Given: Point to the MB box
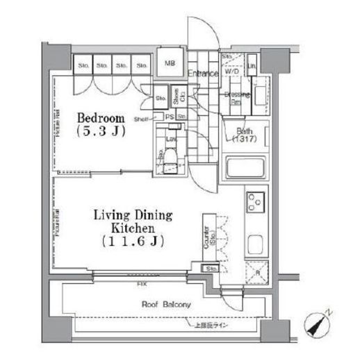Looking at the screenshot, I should [170, 65].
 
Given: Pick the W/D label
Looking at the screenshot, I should [232, 72].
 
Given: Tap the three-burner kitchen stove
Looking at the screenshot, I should [254, 202].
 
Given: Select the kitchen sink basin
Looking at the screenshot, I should [255, 245].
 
